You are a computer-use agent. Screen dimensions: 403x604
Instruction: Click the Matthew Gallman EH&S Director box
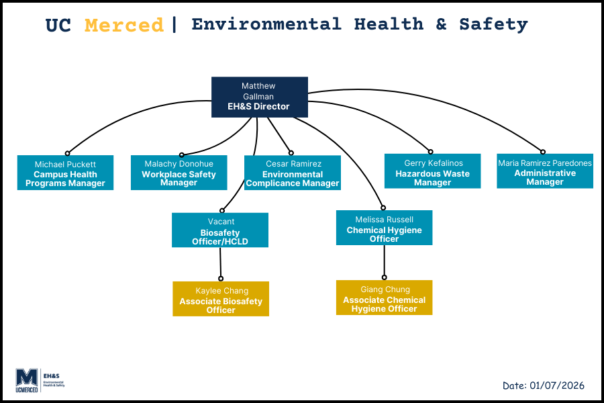[x=260, y=97]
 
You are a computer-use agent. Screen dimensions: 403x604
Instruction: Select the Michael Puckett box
[x=66, y=173]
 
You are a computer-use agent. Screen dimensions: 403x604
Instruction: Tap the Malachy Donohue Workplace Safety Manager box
[x=179, y=173]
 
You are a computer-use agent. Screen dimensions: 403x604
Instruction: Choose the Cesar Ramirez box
[x=293, y=173]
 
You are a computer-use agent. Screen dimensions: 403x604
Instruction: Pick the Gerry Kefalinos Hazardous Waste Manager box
[x=432, y=171]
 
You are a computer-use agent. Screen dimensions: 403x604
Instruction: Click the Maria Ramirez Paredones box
[x=545, y=171]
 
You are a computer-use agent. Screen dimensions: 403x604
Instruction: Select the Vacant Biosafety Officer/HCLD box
[x=220, y=230]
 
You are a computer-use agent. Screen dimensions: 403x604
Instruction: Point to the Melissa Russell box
[x=384, y=228]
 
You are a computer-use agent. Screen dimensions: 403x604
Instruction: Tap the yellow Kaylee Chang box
[x=221, y=299]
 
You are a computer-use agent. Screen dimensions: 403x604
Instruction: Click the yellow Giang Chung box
[x=385, y=298]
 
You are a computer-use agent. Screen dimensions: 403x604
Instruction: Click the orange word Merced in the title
[x=124, y=26]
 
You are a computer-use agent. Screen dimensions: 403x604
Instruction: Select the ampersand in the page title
[x=441, y=25]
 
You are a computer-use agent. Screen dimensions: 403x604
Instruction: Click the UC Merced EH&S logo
[x=40, y=379]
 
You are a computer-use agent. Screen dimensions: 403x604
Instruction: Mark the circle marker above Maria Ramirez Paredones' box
[x=543, y=152]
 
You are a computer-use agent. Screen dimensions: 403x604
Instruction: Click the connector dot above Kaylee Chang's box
[x=221, y=278]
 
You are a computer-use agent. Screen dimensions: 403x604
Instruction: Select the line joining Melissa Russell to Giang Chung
[x=384, y=261]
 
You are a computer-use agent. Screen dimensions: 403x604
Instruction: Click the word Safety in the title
[x=493, y=25]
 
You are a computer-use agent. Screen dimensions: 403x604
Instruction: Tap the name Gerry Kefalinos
[x=434, y=163]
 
